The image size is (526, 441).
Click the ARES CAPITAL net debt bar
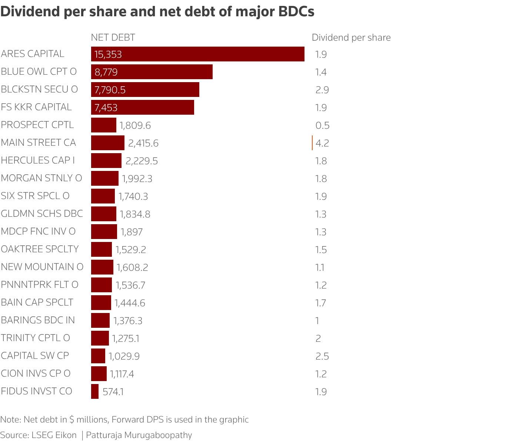point(197,54)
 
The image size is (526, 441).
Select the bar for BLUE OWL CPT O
point(152,72)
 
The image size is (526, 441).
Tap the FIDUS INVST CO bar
point(95,391)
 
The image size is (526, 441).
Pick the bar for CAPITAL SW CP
point(98,356)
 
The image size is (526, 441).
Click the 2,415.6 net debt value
point(143,143)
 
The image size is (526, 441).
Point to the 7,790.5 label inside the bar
point(110,90)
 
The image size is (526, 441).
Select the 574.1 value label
point(113,392)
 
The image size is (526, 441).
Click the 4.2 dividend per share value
point(322,143)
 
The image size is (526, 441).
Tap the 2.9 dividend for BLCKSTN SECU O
point(322,90)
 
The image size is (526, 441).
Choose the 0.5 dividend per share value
point(322,125)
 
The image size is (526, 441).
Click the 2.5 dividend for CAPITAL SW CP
point(322,356)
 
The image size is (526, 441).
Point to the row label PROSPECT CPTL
point(37,125)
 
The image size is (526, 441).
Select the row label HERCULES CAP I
point(38,160)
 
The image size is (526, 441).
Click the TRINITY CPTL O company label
point(36,338)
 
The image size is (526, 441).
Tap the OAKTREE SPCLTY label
point(40,249)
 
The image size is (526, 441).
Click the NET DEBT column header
point(113,37)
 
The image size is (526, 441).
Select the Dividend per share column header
point(351,37)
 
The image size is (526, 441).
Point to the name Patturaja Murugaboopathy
point(139,435)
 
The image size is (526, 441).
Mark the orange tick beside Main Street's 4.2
point(312,143)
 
